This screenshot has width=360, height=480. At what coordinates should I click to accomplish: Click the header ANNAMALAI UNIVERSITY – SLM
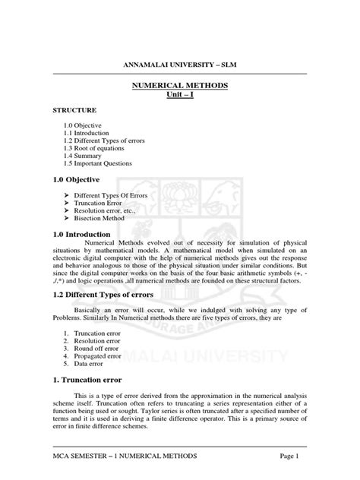[181, 65]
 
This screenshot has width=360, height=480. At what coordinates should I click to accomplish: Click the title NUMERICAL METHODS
[180, 87]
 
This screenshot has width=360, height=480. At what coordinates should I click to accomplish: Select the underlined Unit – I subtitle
[180, 96]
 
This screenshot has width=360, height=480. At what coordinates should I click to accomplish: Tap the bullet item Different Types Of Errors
[110, 195]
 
